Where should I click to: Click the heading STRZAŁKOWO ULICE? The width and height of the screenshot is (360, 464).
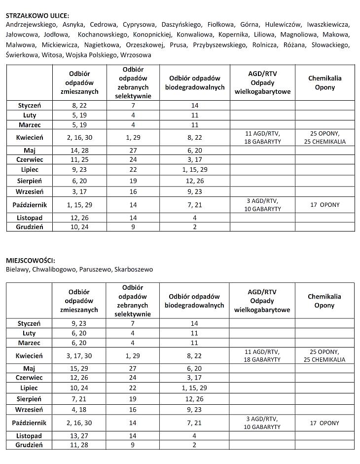tap(37, 15)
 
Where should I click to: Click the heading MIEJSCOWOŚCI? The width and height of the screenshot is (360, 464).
tap(30, 260)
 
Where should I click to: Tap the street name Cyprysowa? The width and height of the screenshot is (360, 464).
tap(139, 25)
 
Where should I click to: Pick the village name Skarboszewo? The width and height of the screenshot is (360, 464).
tap(133, 270)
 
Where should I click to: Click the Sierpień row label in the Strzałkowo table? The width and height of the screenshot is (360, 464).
tap(30, 181)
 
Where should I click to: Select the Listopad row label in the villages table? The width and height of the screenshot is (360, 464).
tap(30, 436)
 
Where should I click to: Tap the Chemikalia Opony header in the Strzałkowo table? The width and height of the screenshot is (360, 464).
tap(324, 82)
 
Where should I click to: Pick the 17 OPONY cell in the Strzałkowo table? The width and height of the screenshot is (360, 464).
tap(324, 205)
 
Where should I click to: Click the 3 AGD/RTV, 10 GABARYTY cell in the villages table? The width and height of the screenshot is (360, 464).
tap(262, 423)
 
